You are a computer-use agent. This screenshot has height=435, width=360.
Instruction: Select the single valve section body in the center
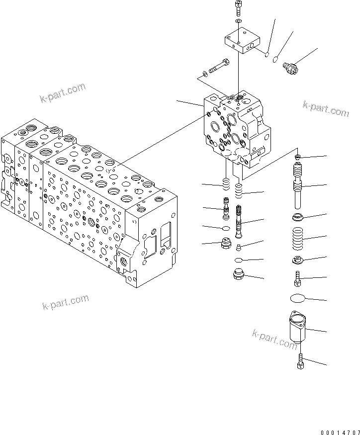236,127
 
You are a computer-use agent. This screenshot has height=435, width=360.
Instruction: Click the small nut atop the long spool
298,157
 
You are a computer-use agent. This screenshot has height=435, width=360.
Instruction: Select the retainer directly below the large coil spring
298,260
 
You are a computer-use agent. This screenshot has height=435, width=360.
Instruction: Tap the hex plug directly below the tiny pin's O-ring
239,274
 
